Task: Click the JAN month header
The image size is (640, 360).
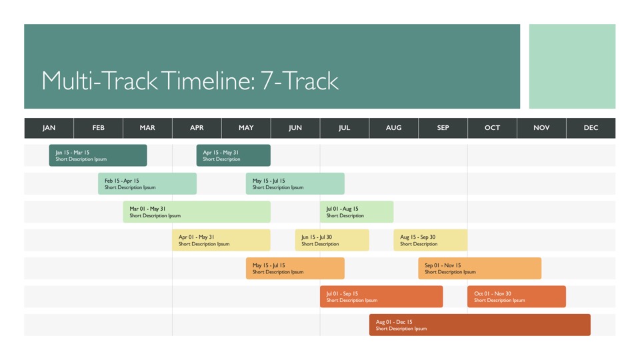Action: (x=49, y=128)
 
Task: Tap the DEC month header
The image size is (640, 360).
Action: (x=591, y=128)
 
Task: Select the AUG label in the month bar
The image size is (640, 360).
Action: (x=393, y=128)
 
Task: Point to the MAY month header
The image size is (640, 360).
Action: (x=246, y=128)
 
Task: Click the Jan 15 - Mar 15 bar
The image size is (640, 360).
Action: (x=98, y=155)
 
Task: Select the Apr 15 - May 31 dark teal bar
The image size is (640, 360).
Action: (x=233, y=155)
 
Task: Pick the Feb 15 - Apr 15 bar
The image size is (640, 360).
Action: (x=147, y=183)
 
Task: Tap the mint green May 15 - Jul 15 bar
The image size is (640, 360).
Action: (x=295, y=183)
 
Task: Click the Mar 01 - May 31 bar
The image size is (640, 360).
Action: (x=197, y=211)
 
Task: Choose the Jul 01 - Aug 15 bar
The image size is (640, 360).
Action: (x=357, y=211)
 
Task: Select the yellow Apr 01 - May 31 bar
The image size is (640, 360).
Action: (x=221, y=240)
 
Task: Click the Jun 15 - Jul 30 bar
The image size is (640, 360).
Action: (x=332, y=240)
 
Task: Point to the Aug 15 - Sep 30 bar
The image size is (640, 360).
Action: (x=431, y=240)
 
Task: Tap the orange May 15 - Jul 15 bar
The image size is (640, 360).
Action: (x=295, y=268)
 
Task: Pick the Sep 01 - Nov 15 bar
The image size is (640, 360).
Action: (x=480, y=268)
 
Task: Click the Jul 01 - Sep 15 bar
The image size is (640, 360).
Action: (x=381, y=296)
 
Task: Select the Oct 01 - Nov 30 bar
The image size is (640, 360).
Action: (x=517, y=296)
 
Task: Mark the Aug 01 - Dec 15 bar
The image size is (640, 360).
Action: (x=480, y=325)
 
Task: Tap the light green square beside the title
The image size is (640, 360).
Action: (x=572, y=66)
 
